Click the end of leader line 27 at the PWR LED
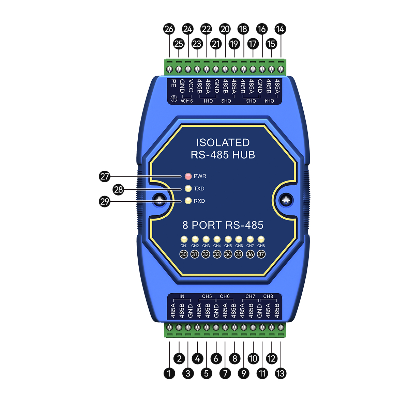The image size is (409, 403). pyautogui.click(x=181, y=176)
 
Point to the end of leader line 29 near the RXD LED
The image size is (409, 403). pyautogui.click(x=181, y=201)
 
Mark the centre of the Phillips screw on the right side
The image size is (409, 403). pyautogui.click(x=286, y=200)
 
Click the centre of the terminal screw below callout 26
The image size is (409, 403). pyautogui.click(x=170, y=69)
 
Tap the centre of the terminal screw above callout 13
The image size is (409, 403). pyautogui.click(x=281, y=327)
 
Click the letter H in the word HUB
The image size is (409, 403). pyautogui.click(x=237, y=155)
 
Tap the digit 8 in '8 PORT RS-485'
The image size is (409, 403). pyautogui.click(x=185, y=225)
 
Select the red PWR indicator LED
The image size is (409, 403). pyautogui.click(x=188, y=176)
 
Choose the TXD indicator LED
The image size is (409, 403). pyautogui.click(x=188, y=188)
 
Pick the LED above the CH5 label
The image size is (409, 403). pyautogui.click(x=228, y=239)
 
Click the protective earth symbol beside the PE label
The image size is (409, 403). pyautogui.click(x=174, y=99)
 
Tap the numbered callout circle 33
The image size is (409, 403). pyautogui.click(x=217, y=254)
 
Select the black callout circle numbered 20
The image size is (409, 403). pyautogui.click(x=225, y=29)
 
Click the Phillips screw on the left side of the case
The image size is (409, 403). pyautogui.click(x=159, y=200)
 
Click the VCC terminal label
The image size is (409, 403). pyautogui.click(x=191, y=86)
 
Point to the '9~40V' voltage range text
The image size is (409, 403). pyautogui.click(x=186, y=101)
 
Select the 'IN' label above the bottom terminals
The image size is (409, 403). pyautogui.click(x=182, y=296)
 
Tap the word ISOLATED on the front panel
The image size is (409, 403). pyautogui.click(x=223, y=143)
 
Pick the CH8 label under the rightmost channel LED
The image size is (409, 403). pyautogui.click(x=261, y=246)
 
